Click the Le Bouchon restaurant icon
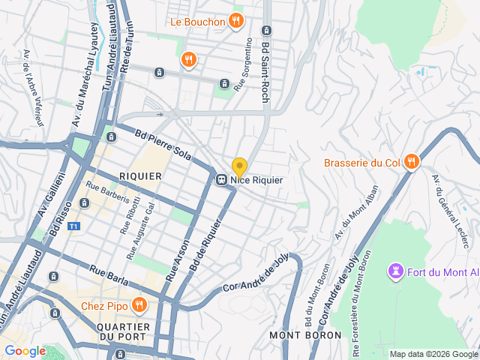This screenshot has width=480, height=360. [236, 21]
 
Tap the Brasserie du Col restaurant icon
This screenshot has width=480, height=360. [411, 162]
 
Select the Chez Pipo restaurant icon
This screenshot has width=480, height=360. [139, 304]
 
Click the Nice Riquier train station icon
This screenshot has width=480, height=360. [222, 180]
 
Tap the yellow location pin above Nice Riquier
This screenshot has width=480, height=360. [239, 166]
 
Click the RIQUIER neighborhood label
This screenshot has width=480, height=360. [140, 175]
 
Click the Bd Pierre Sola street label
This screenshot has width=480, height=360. [164, 146]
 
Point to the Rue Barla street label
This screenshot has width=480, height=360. [109, 276]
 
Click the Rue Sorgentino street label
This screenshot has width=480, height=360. [244, 65]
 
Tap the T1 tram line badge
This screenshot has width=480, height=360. [73, 226]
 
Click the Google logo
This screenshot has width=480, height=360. [25, 350]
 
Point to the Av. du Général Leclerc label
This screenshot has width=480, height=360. [451, 210]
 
